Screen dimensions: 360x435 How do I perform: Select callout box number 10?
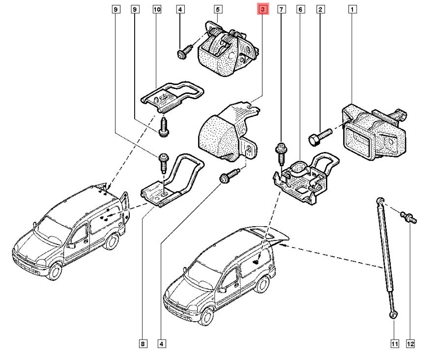coord(157,9)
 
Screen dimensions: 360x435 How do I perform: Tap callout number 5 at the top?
coord(218,9)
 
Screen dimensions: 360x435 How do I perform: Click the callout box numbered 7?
coord(281,9)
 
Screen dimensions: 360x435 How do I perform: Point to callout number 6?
coord(300,9)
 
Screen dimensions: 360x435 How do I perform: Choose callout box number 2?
coord(320,9)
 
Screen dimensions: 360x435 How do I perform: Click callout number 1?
coord(352,9)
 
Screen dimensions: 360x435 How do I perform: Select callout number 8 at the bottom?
coord(143,344)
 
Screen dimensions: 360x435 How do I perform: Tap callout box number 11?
coord(394,344)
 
